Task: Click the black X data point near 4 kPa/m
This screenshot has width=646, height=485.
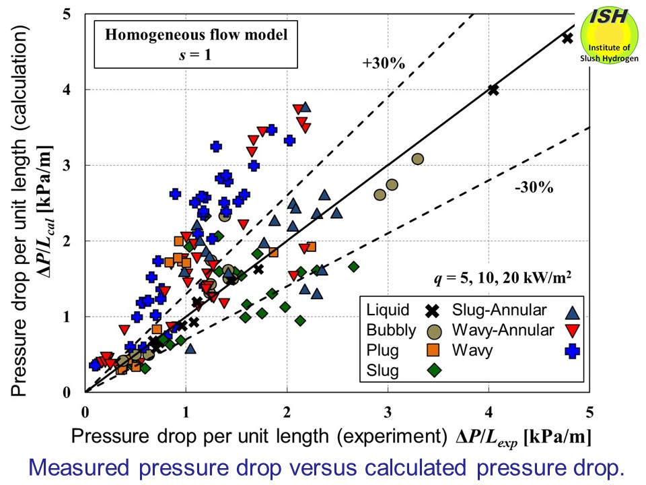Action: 493,90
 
